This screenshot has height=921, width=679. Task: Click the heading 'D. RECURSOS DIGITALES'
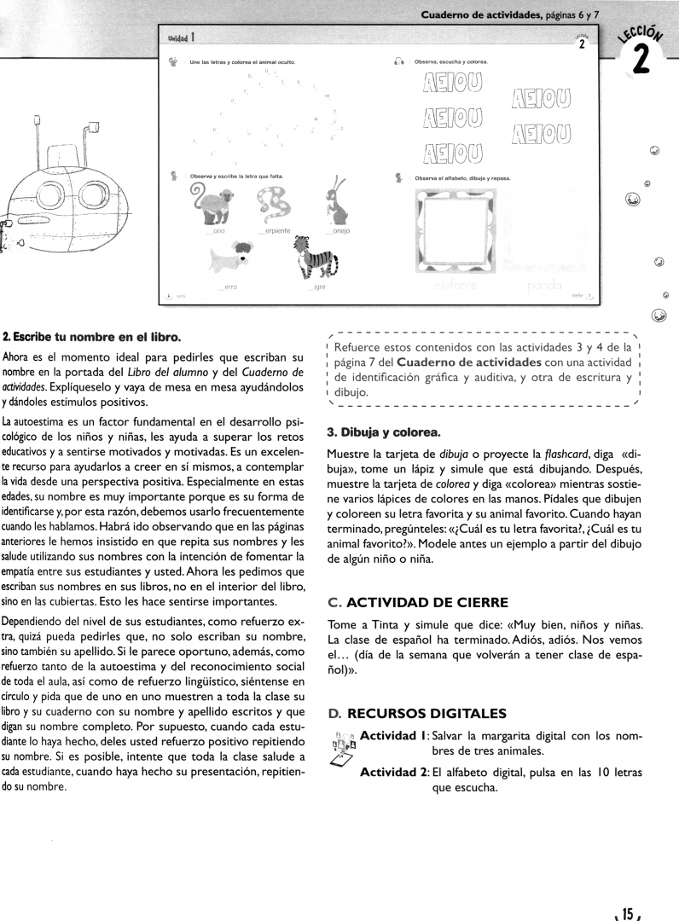tap(417, 713)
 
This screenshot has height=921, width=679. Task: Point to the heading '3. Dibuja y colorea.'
tap(383, 432)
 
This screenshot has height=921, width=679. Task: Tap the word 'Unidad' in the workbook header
tap(177, 38)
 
